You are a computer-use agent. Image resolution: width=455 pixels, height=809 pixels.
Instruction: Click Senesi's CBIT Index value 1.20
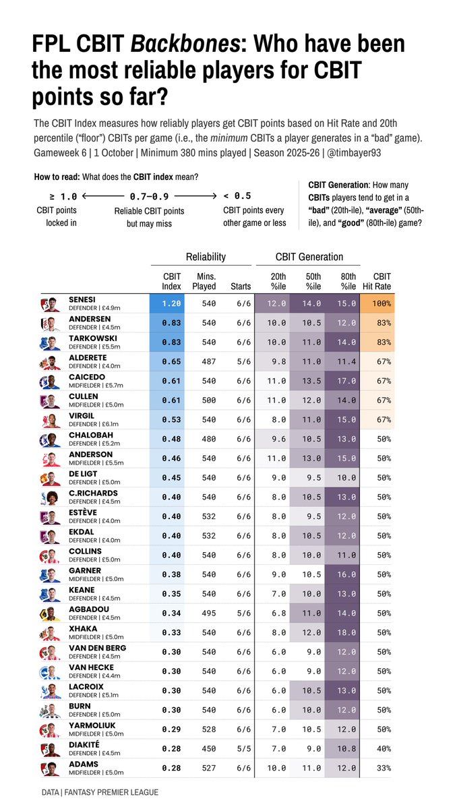click(171, 304)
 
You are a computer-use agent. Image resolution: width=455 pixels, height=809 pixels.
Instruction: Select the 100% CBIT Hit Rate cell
click(381, 304)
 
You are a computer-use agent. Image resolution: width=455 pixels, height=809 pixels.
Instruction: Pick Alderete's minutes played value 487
click(209, 362)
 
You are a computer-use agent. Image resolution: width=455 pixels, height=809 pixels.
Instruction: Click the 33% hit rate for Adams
click(381, 769)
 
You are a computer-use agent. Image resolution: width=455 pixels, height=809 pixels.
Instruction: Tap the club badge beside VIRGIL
click(47, 420)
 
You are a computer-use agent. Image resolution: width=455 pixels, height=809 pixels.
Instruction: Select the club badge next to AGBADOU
click(47, 613)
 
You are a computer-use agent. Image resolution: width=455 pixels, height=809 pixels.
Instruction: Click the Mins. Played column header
click(204, 281)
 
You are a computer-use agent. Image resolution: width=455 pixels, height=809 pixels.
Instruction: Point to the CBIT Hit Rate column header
click(381, 281)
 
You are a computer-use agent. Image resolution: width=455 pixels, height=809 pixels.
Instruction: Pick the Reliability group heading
click(206, 257)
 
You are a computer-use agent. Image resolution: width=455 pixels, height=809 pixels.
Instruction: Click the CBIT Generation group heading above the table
click(309, 257)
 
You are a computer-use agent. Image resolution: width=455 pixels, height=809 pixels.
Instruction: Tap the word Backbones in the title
click(184, 44)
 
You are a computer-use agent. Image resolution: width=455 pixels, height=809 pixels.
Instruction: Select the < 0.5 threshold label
click(237, 196)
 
